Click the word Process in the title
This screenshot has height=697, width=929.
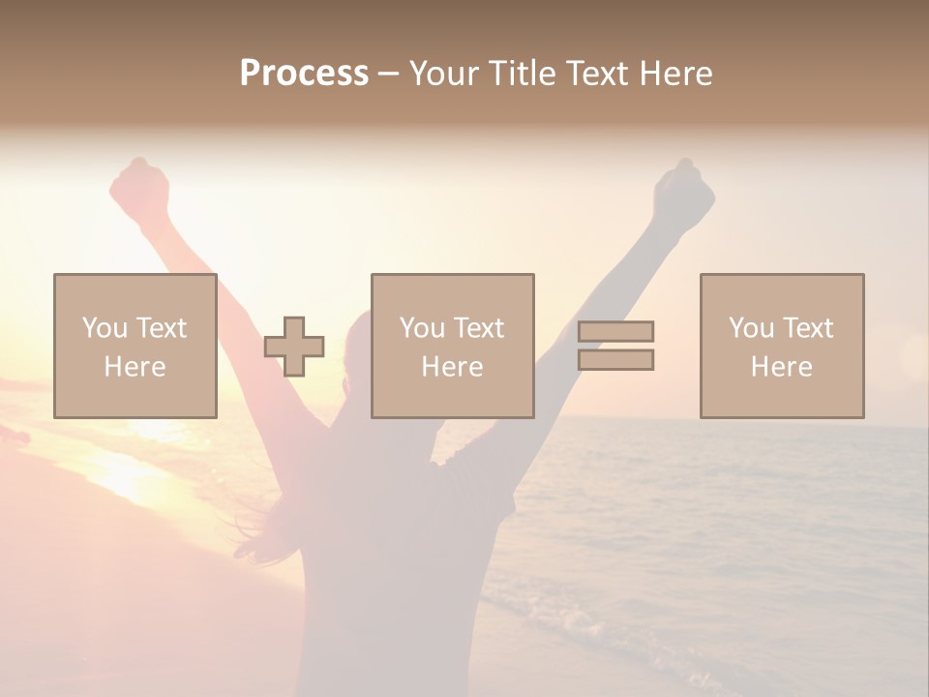coord(304,74)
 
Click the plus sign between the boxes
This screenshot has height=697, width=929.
coord(294,347)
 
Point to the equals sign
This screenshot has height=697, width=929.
coord(616,346)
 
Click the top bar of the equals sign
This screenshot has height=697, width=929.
coord(616,331)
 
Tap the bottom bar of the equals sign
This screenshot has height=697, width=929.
coord(616,360)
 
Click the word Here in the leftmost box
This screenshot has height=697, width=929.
coord(135,367)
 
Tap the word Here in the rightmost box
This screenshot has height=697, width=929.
coord(782,367)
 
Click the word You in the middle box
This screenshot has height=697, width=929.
coord(422,328)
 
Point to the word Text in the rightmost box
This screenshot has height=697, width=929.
coord(808,328)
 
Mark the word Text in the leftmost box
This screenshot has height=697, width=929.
coord(162,328)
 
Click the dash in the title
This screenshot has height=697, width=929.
coord(388,75)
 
